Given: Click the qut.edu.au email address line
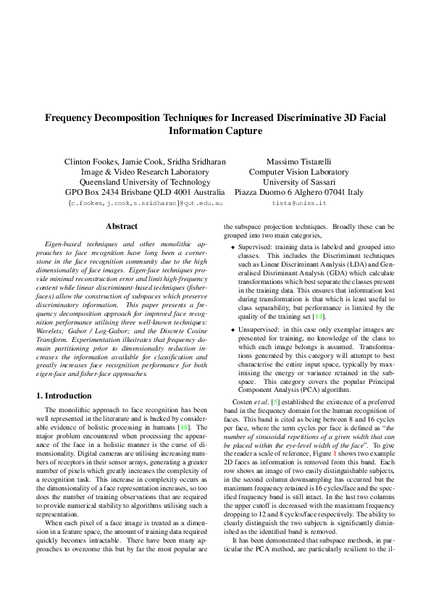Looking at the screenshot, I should coord(146,205).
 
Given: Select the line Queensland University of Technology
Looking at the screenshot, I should coord(146,182).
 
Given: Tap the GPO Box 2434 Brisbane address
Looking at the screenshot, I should coord(146,193).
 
